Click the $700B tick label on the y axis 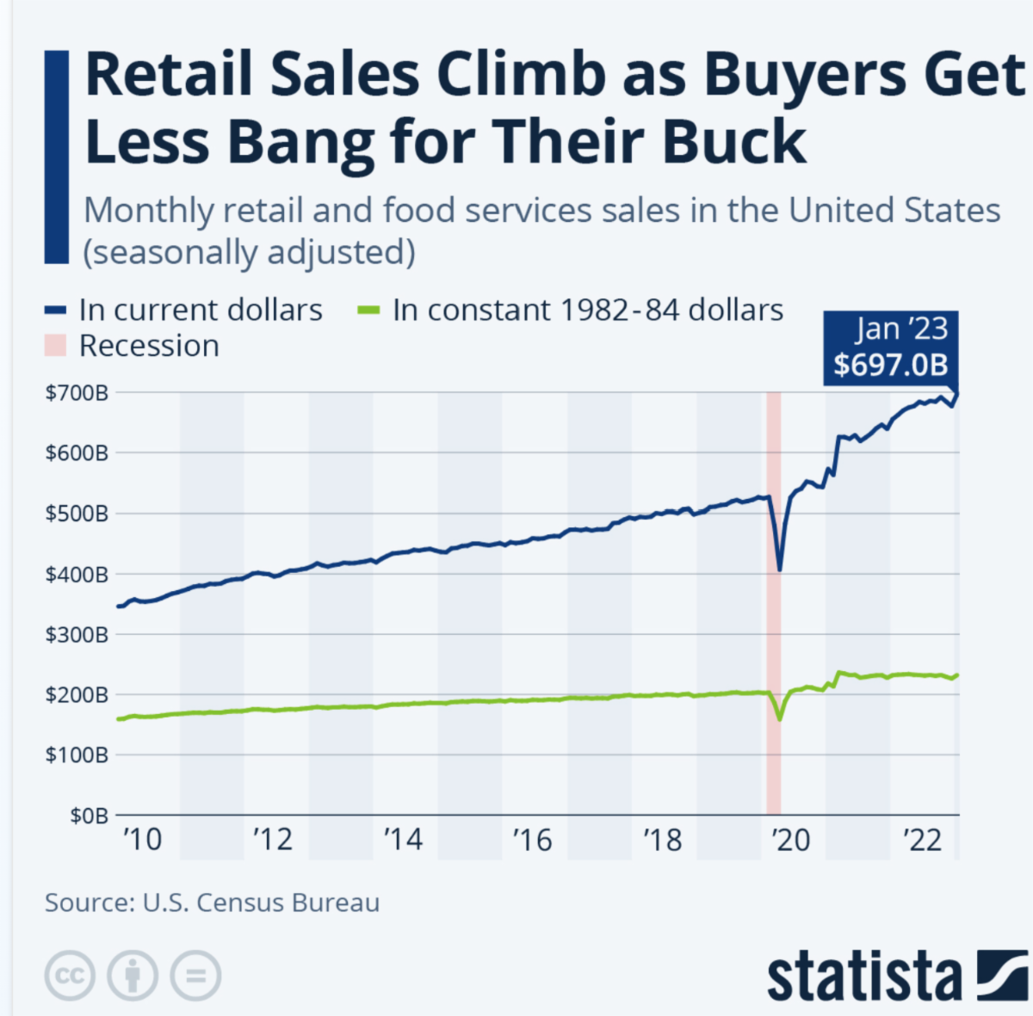[x=77, y=392]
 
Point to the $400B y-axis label [x=77, y=574]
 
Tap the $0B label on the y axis [x=89, y=815]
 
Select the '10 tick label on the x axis [x=142, y=840]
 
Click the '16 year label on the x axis [x=532, y=840]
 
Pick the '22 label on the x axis [x=922, y=840]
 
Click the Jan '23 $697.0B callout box [x=890, y=347]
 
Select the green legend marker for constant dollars [x=368, y=311]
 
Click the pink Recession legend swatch [x=55, y=346]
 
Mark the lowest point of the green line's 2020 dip [x=779, y=719]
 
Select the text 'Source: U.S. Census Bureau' [x=212, y=902]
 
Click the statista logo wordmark [x=863, y=977]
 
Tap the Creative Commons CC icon [x=70, y=976]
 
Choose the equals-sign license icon [x=195, y=976]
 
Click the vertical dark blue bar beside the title [x=56, y=157]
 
